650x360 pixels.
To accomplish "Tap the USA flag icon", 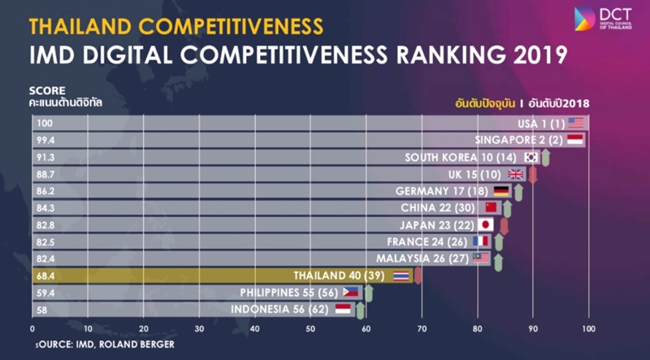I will click(576, 123).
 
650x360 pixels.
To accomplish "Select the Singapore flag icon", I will click(575, 140).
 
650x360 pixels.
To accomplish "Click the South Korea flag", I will click(531, 157).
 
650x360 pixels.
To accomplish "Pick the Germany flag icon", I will click(501, 191).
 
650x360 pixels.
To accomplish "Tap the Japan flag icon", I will click(486, 225).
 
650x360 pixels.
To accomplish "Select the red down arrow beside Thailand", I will click(418, 276).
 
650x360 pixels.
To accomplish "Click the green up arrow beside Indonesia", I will click(360, 310).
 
